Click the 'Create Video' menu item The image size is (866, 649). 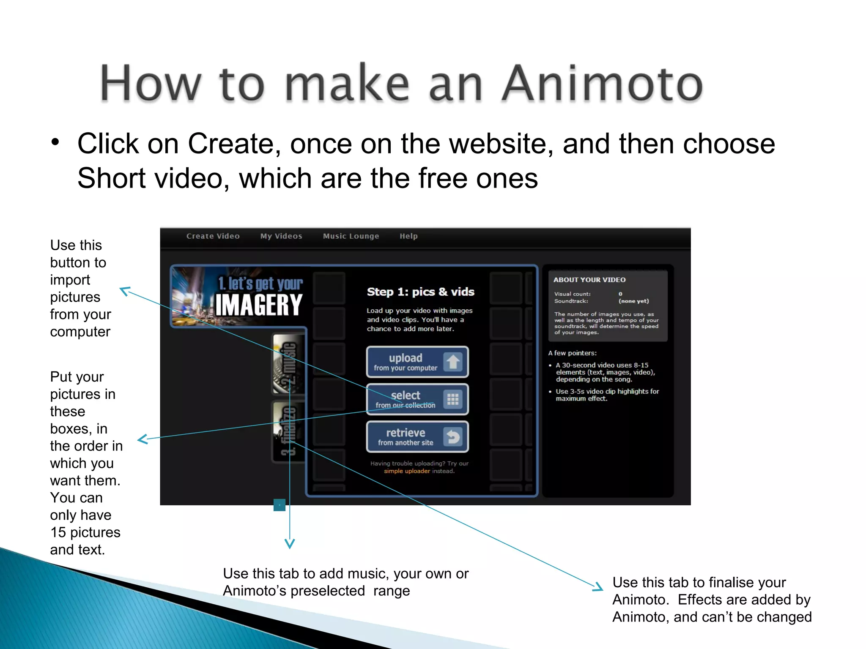[x=213, y=236]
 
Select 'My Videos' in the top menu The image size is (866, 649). [x=281, y=236]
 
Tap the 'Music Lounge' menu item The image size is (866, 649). [x=351, y=236]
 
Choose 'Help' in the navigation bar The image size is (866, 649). [x=408, y=236]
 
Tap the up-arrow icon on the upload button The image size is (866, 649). [x=453, y=362]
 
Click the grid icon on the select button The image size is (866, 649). [x=453, y=399]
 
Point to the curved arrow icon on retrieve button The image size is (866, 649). [x=453, y=437]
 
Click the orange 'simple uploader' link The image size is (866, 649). [x=407, y=471]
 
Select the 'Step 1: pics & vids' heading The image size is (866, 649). [x=420, y=292]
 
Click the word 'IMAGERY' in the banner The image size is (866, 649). [x=259, y=305]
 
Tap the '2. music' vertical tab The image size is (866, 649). [x=288, y=364]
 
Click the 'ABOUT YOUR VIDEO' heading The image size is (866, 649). [x=589, y=280]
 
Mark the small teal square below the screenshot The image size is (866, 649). [x=280, y=505]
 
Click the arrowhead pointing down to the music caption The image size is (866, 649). [x=290, y=543]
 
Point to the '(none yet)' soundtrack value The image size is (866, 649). [x=633, y=301]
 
